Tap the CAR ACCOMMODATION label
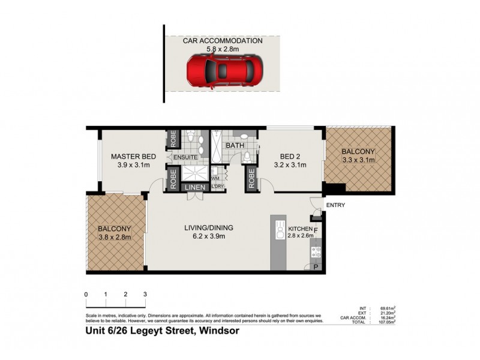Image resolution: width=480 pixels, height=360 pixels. (223, 41)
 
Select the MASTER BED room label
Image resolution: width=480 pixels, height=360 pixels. (133, 157)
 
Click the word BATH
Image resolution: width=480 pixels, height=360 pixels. (234, 146)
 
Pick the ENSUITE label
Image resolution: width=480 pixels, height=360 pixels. (186, 158)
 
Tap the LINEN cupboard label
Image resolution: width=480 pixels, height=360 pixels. (195, 188)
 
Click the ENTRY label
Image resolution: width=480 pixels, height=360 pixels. (335, 205)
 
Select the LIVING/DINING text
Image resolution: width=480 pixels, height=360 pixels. (208, 227)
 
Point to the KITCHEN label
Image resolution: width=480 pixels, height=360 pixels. (299, 229)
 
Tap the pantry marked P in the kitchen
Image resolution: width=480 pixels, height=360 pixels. (316, 267)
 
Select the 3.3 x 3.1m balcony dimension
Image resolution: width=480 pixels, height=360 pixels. (358, 160)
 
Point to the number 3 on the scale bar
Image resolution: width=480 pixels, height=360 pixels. (145, 295)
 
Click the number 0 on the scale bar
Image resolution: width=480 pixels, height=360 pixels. (86, 295)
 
